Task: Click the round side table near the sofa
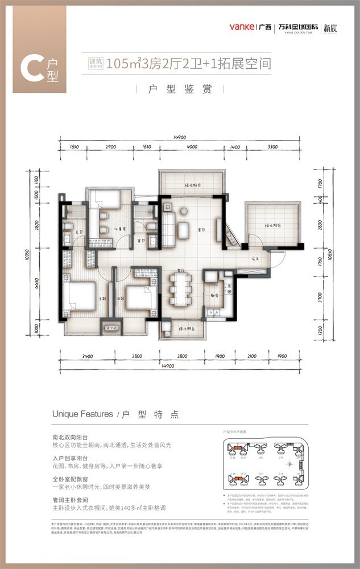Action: pyautogui.click(x=184, y=212)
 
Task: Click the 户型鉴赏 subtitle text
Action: pyautogui.click(x=180, y=90)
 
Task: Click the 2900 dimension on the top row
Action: pyautogui.click(x=111, y=147)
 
